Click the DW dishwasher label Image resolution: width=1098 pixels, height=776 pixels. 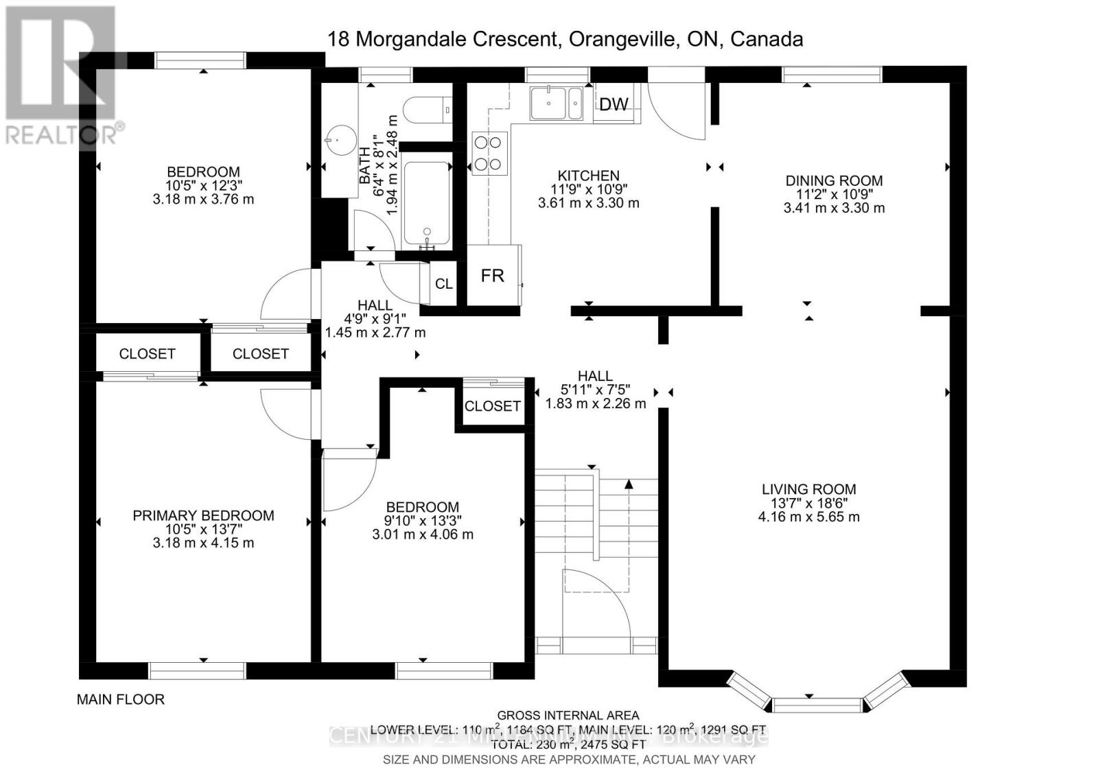click(614, 104)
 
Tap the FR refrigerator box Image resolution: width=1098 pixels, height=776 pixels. click(492, 276)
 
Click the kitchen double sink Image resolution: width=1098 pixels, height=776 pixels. click(556, 103)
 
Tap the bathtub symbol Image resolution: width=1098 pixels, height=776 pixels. click(427, 204)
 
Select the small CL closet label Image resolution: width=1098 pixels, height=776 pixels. click(443, 283)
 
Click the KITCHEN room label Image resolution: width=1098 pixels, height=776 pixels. click(588, 176)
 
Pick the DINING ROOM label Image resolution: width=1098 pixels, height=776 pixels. click(834, 180)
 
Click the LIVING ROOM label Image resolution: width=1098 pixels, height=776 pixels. click(808, 489)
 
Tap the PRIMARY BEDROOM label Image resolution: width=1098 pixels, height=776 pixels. click(203, 515)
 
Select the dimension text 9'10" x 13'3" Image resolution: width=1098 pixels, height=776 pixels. click(422, 521)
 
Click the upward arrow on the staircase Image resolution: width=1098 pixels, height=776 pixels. click(629, 484)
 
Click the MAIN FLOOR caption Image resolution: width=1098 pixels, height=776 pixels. click(121, 700)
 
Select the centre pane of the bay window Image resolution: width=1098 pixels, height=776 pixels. click(817, 705)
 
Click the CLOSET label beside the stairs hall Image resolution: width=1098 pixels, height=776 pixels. click(492, 406)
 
